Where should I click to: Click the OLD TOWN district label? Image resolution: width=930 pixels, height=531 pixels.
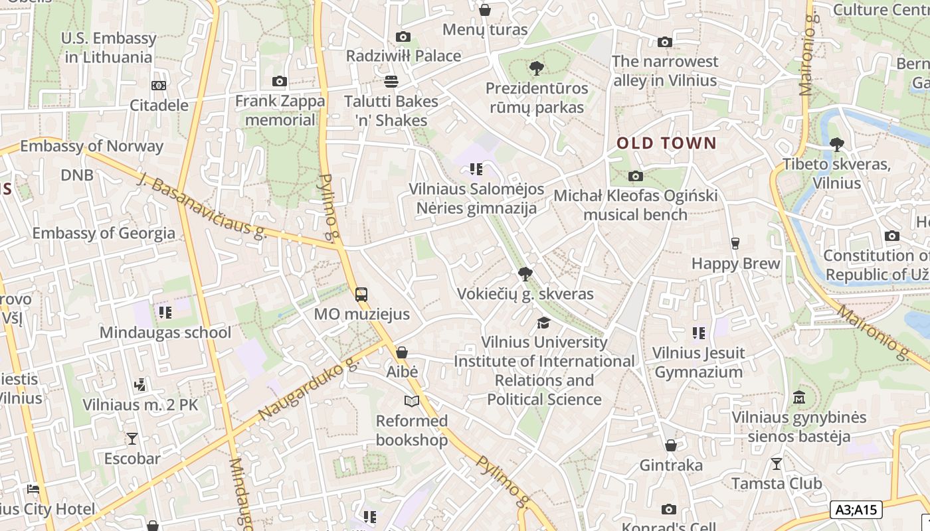666,143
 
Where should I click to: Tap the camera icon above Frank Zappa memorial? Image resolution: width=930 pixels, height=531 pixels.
280,82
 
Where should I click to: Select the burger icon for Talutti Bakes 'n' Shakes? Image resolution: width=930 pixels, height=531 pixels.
391,82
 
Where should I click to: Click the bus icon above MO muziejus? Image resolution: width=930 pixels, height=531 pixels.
361,295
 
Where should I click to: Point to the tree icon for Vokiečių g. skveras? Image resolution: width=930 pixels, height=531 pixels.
525,274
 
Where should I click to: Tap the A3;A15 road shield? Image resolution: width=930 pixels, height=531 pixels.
856,510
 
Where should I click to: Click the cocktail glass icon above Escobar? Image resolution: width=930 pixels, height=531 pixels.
132,439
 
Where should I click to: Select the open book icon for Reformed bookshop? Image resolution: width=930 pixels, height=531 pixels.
412,401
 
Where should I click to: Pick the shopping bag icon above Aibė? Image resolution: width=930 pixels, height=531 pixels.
402,352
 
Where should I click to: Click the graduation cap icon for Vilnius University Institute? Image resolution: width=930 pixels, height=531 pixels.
543,323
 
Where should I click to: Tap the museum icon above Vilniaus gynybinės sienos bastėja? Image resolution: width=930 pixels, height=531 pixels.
799,398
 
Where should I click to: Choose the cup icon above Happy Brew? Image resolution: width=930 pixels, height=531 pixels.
735,244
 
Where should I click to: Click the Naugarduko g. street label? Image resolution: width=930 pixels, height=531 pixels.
308,390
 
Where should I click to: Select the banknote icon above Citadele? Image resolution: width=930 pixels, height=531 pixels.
159,86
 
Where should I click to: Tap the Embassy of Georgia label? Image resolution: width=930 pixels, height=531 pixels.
104,233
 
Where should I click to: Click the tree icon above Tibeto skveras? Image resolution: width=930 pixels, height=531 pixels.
837,144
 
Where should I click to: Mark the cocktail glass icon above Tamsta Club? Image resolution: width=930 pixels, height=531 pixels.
777,463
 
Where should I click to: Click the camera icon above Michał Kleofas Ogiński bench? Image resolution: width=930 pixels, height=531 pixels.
636,176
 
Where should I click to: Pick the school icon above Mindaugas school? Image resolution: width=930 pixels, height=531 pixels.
165,312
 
